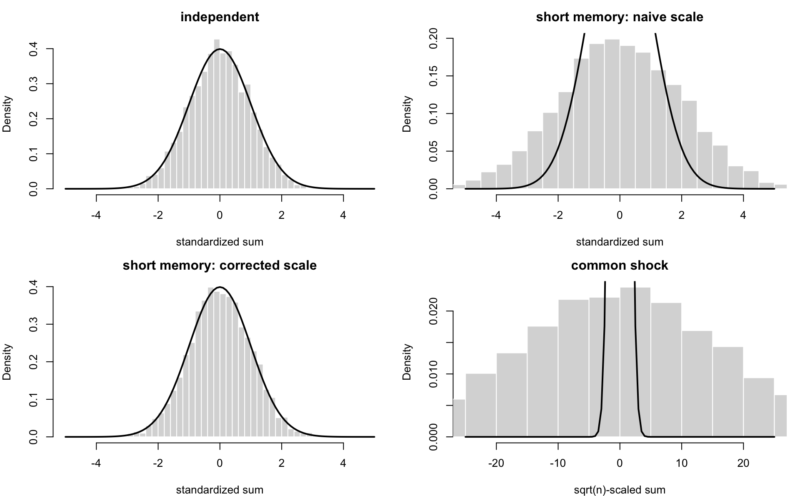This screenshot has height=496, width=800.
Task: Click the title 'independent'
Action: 220,17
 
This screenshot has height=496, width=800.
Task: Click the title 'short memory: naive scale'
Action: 620,17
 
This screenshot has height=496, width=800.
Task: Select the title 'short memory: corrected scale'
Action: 220,266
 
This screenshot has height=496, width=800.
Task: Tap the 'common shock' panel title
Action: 620,266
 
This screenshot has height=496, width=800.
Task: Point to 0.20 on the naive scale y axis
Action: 433,39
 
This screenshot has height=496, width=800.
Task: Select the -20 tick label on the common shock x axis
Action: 496,463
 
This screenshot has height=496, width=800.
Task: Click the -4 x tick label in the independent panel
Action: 96,215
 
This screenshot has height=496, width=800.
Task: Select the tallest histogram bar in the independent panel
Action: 217,114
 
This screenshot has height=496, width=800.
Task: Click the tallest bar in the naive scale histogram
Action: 612,114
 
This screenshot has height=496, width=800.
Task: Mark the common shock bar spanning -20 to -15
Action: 512,395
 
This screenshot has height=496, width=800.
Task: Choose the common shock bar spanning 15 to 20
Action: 728,392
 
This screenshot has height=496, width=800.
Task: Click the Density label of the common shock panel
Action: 407,362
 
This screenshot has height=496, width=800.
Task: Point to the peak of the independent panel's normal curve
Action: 220,49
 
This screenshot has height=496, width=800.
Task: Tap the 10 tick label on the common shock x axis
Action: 682,463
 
